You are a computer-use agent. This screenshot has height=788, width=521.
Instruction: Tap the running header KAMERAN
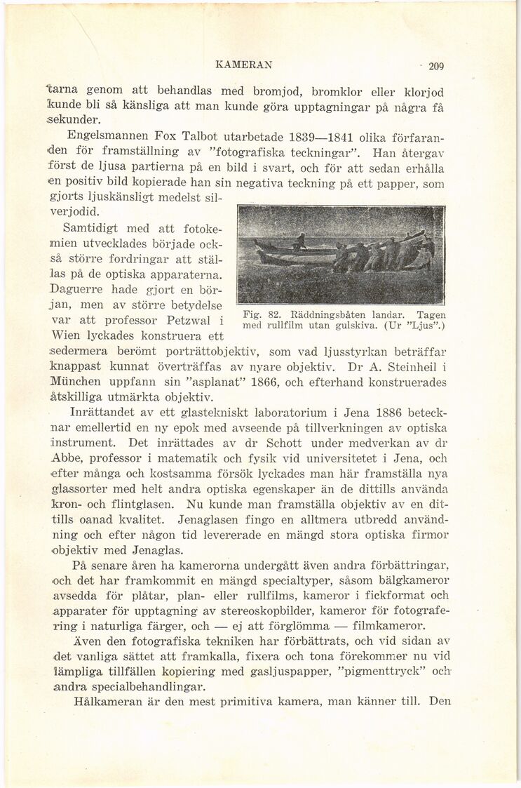point(244,65)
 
